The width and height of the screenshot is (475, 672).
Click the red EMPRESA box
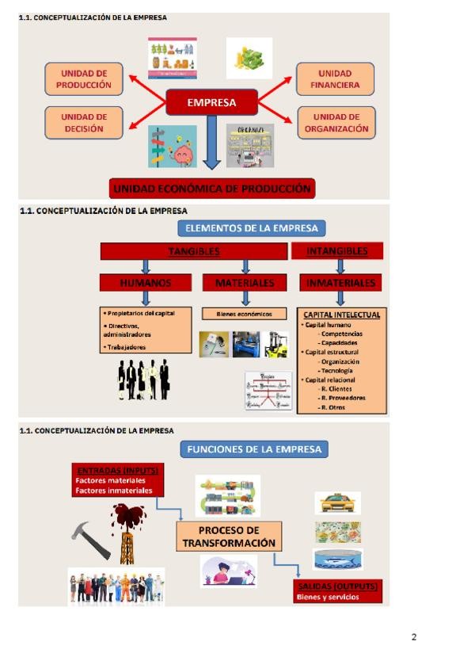coord(211,102)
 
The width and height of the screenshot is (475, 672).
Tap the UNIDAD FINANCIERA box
coord(336,78)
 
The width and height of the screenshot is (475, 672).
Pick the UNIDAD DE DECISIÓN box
coord(84,122)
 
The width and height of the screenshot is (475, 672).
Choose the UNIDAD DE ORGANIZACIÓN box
coord(336,122)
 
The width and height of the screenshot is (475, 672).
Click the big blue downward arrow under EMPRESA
coord(211,143)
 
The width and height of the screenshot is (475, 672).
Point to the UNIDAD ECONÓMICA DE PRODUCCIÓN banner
coord(211,189)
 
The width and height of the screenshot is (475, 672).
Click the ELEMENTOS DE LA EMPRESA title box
coord(251,228)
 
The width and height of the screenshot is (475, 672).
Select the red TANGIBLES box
coord(193,251)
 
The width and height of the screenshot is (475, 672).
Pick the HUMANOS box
coord(145,282)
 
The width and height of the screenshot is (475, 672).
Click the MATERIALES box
coord(245,282)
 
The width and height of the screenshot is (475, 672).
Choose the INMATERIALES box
coord(340,282)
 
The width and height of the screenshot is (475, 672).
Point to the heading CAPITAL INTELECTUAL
coord(342,315)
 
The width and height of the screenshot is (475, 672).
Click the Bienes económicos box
coord(245,314)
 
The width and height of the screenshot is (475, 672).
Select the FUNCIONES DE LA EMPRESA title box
coord(254,449)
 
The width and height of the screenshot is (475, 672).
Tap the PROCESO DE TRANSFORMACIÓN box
coord(229,536)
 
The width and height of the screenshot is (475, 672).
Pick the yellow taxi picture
coord(337,502)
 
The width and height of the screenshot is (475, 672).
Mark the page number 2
coord(413,637)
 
